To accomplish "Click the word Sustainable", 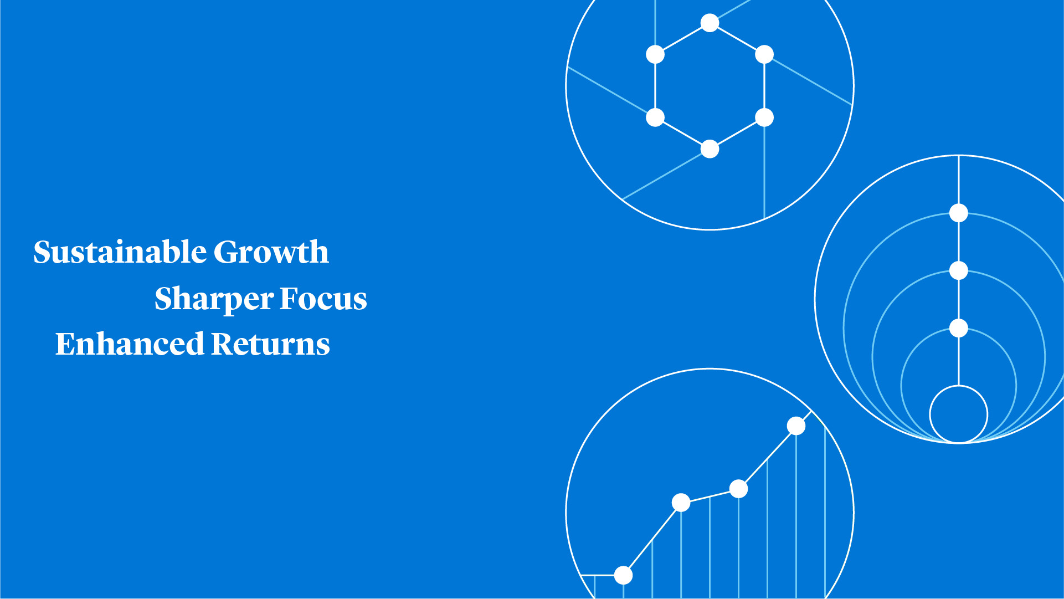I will coord(120,252).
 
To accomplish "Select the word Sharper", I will coord(214,299).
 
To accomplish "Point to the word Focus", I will coord(323,299).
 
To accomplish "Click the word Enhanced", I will coord(130,344).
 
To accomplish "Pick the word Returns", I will coord(270,344).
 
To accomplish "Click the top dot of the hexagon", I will coord(710,23).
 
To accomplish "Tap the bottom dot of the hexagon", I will coord(710,149).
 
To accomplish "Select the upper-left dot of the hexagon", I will coord(655,55).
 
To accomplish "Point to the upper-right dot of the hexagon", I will coord(764,55).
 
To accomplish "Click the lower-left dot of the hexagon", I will coord(655,117).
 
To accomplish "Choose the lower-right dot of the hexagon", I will coord(764,117).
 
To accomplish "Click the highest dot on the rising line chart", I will coord(796,426).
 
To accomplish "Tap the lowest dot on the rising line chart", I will coord(623,575).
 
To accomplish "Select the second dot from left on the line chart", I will coord(681,503).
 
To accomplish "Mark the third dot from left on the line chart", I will coord(738,489).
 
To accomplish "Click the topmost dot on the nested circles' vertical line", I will coord(959,213).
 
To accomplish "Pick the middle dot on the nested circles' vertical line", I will coord(959,270).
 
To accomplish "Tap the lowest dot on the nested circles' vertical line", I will coord(959,328).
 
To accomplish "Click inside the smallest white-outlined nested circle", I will coord(959,414).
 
